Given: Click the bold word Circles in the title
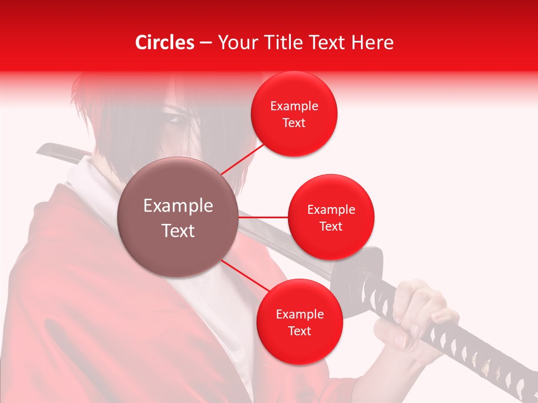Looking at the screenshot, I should (165, 43).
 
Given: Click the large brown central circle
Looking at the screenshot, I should (178, 217).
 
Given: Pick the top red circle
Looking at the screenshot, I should (294, 114).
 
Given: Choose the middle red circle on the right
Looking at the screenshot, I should (331, 217).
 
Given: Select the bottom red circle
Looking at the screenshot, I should (299, 322).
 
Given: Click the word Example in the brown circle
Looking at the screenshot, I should (178, 206).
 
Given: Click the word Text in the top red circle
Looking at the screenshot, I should (294, 123).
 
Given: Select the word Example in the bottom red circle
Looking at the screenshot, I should (299, 314).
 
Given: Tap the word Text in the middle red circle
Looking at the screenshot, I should (331, 226).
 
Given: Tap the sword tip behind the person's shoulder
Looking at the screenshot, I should (45, 148).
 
